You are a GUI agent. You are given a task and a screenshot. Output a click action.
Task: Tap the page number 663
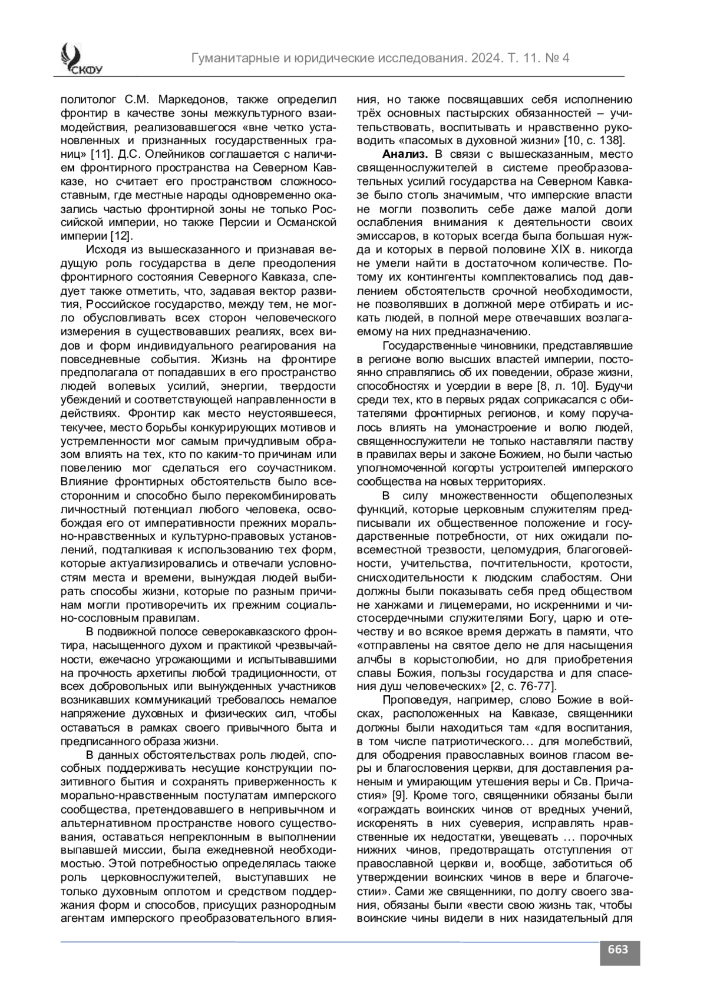619,949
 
